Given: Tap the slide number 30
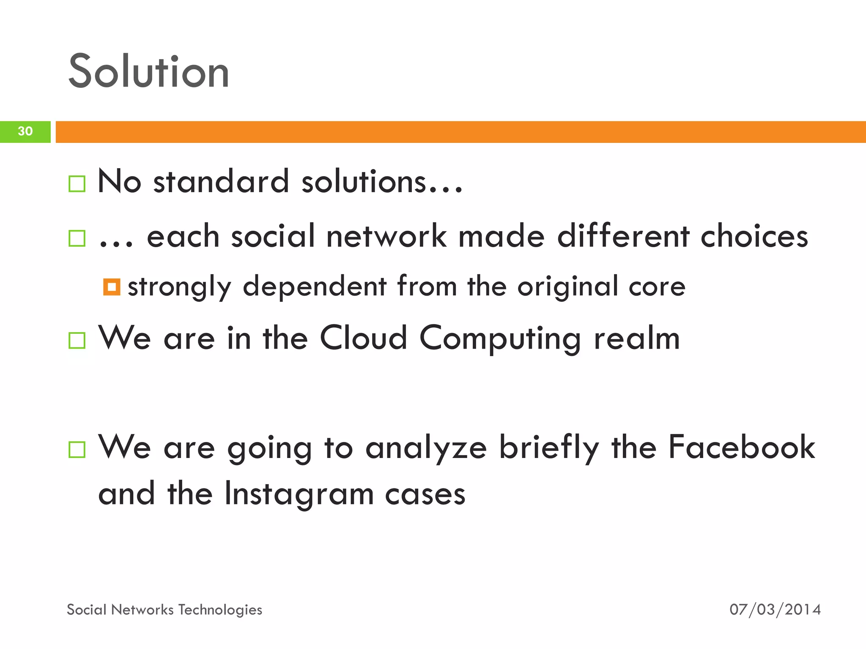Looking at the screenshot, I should point(25,131).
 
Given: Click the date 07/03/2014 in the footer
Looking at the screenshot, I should point(775,609).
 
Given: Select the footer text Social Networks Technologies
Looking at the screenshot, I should point(164,610).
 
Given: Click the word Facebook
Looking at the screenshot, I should point(742,447).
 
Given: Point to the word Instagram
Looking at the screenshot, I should point(299,494).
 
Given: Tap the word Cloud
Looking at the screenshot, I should point(363,338).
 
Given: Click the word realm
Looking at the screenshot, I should point(637,338).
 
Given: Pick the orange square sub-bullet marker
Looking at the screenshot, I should point(112,287).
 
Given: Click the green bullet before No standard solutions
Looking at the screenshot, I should point(77,184).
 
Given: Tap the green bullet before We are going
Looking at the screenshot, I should point(77,450).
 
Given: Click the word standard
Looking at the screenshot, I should point(221,182).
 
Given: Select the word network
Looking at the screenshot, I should point(386,236).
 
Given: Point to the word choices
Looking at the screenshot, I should point(754,236).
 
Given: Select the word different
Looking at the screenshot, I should point(623,236).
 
